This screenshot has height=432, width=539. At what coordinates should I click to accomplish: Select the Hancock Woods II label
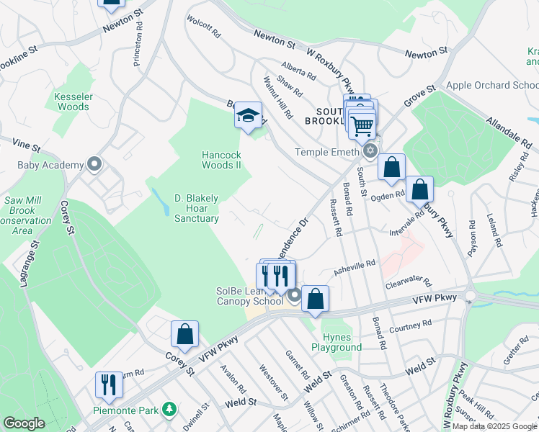click(x=220, y=159)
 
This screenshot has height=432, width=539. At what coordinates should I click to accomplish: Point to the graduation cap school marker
click(x=248, y=116)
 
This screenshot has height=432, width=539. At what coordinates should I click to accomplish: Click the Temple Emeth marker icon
click(x=370, y=151)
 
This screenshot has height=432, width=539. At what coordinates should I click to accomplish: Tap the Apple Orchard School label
click(x=491, y=85)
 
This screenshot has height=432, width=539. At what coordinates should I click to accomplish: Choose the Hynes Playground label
click(x=337, y=342)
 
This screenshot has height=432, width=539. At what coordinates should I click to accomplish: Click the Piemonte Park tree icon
click(x=170, y=409)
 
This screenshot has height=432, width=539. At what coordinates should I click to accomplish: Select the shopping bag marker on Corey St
click(x=184, y=335)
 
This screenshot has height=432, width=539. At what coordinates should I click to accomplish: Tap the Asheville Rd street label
click(x=355, y=268)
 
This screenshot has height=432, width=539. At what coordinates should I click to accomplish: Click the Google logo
click(x=24, y=423)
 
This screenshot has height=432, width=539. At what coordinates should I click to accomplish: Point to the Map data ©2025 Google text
click(x=494, y=426)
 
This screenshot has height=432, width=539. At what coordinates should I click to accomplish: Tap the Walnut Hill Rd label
click(x=277, y=98)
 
